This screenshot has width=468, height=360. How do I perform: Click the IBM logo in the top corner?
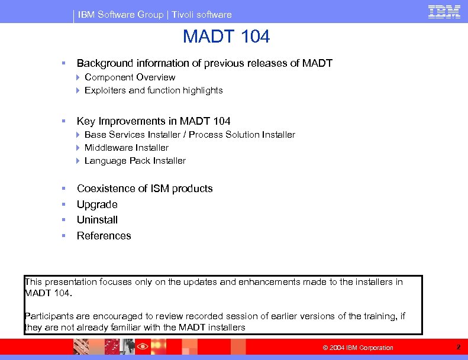point(444,12)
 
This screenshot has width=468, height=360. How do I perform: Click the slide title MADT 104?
point(226,37)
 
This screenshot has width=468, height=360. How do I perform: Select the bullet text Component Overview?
point(130,77)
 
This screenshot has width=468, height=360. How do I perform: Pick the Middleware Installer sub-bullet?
point(126,148)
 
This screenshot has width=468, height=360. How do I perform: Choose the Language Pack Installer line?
point(135,161)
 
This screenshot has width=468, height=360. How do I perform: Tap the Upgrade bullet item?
point(97,205)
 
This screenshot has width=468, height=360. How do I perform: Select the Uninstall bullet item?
point(97,220)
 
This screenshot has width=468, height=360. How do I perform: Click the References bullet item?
point(104,236)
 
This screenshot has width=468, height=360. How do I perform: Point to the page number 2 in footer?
point(458,347)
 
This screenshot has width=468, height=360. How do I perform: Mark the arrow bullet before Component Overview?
point(78,77)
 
